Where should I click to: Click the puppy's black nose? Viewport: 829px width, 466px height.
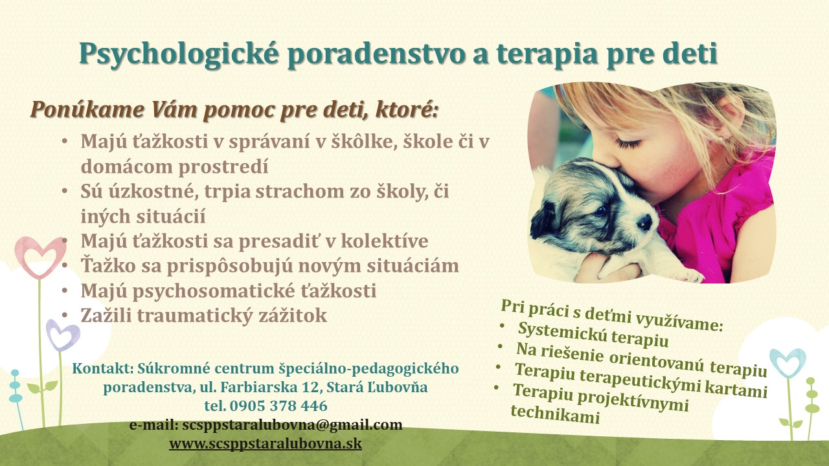pos(644,222)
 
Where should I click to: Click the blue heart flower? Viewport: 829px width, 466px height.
pos(788,363)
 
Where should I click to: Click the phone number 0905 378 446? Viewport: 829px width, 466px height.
pos(278,406)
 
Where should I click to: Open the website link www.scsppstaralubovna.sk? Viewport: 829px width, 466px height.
pos(266,443)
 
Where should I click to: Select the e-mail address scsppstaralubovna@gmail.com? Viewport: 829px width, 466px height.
pos(292,425)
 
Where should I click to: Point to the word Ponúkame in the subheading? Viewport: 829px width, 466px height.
pos(87,109)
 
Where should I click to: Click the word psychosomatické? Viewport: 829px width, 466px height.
pos(214,291)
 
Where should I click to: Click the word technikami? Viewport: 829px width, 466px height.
pos(555,414)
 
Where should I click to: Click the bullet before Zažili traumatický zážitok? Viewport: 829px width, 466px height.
pos(65,315)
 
